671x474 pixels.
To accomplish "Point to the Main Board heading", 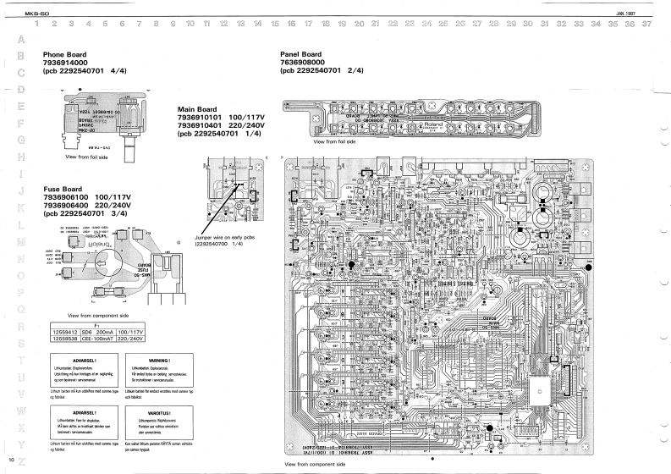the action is [x=197, y=109].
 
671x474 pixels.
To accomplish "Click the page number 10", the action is [x=9, y=460].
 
